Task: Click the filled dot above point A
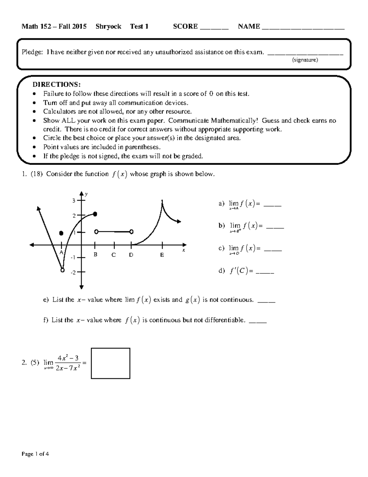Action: (x=61, y=233)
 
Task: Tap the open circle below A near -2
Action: (x=63, y=270)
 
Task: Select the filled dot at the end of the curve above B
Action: (x=95, y=214)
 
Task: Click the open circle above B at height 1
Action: (x=96, y=232)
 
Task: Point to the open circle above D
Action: (x=131, y=232)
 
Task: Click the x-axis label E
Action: (x=162, y=255)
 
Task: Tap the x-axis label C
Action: (x=113, y=255)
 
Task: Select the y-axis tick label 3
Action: (x=74, y=201)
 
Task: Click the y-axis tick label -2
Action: (x=73, y=272)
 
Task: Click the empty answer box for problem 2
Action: (x=110, y=363)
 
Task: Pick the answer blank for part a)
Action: (x=272, y=205)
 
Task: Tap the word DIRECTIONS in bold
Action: (x=57, y=84)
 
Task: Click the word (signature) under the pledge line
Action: (x=305, y=60)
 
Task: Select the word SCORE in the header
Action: (x=185, y=26)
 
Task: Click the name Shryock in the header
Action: (x=108, y=26)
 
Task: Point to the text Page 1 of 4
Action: (x=35, y=454)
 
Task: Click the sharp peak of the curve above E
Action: (x=162, y=201)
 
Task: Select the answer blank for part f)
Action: (x=258, y=321)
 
